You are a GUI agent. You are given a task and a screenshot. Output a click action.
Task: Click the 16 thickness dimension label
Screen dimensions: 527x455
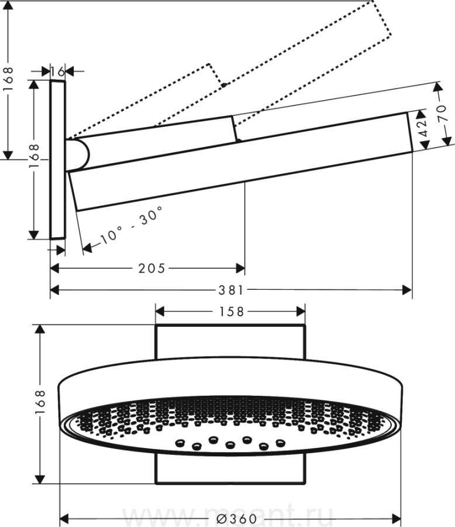coord(57,71)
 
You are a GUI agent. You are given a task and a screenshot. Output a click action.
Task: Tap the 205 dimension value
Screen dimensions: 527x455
coord(152,268)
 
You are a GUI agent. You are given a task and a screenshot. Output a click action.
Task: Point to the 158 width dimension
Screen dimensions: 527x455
coord(231,312)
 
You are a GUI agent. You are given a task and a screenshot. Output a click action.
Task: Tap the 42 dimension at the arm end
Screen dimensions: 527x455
coord(426,127)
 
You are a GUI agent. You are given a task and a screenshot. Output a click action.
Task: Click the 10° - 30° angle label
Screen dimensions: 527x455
coord(130,224)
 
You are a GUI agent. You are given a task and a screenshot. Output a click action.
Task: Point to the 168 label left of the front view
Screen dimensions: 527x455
coord(40,403)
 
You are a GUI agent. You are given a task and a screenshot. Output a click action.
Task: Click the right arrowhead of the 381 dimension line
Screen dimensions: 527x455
coord(408,290)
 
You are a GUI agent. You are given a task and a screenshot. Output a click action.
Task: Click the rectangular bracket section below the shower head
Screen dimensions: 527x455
coord(230,472)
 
